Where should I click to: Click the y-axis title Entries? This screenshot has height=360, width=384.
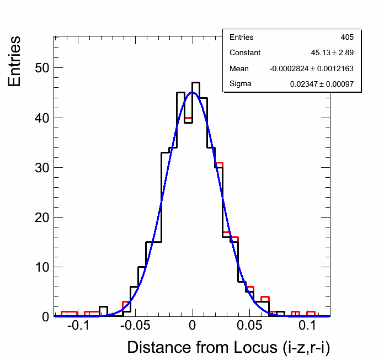tap(15, 61)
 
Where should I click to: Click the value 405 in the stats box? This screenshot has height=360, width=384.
tap(347, 38)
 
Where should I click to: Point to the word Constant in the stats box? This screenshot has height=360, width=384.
tap(245, 53)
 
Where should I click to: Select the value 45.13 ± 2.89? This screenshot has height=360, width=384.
tap(332, 53)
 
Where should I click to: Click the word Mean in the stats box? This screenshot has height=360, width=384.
tap(239, 68)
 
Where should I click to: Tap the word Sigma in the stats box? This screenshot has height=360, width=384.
tap(240, 84)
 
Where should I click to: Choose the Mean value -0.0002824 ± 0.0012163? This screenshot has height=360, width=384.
tap(312, 68)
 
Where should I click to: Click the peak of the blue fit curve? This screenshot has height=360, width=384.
tap(192, 92)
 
